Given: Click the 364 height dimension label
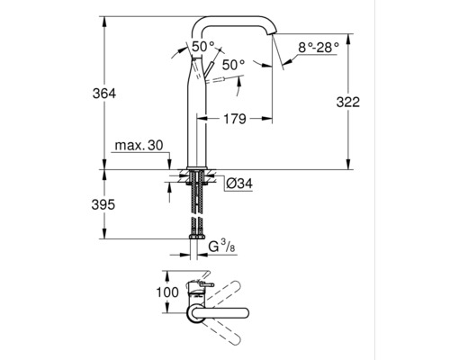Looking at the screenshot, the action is (104, 94).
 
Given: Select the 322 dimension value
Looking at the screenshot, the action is (347, 103).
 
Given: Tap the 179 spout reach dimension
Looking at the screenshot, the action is (235, 119).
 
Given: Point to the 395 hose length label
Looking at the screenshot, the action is (103, 205).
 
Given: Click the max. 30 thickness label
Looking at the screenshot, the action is (139, 146).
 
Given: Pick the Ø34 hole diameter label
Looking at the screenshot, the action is (239, 184).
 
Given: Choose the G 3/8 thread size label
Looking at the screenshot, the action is (221, 247).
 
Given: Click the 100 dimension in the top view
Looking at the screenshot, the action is (167, 292).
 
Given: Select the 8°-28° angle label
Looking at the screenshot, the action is (319, 48).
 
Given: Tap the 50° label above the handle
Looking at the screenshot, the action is (203, 47).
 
